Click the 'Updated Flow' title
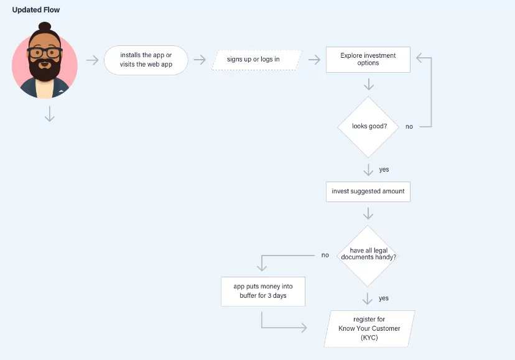pyautogui.click(x=36, y=10)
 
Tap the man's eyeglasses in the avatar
pyautogui.click(x=45, y=53)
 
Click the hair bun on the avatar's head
pyautogui.click(x=45, y=27)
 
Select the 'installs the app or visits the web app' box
pyautogui.click(x=146, y=60)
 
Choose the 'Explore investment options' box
pyautogui.click(x=368, y=59)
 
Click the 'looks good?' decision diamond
pyautogui.click(x=368, y=126)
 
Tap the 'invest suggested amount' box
pyautogui.click(x=368, y=192)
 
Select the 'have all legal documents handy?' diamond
pyautogui.click(x=368, y=254)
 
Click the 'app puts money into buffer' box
pyautogui.click(x=263, y=291)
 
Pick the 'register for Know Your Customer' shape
pyautogui.click(x=369, y=328)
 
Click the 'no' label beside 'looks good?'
pyautogui.click(x=409, y=127)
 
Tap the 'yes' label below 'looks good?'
pyautogui.click(x=384, y=169)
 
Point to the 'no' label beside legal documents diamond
pyautogui.click(x=325, y=255)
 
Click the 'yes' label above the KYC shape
pyautogui.click(x=384, y=298)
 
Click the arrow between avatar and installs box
pyautogui.click(x=92, y=60)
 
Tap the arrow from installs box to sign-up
pyautogui.click(x=200, y=60)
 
